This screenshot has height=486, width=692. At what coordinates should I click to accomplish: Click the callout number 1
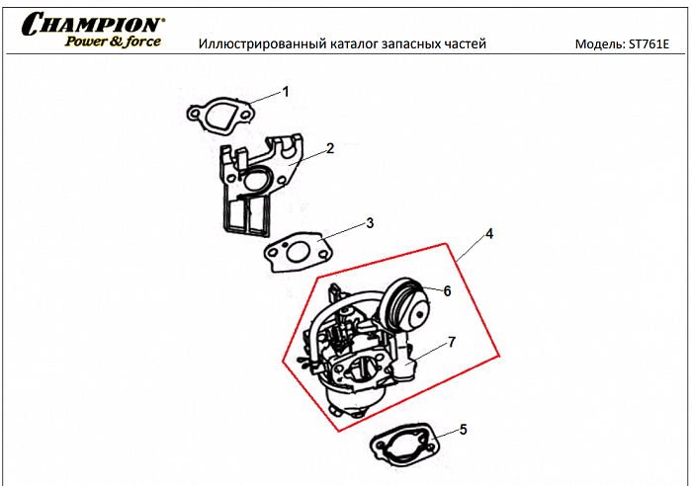click(286, 92)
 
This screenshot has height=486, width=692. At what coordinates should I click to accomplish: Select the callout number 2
click(330, 148)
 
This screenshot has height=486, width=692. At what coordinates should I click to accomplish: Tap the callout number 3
click(370, 222)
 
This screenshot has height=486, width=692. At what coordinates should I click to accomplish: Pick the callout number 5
click(464, 430)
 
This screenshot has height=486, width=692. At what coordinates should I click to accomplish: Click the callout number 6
click(447, 291)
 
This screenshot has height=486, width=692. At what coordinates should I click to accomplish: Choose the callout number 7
click(451, 342)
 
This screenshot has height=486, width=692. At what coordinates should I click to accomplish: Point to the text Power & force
click(113, 41)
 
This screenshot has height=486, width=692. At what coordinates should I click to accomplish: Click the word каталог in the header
click(347, 44)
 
